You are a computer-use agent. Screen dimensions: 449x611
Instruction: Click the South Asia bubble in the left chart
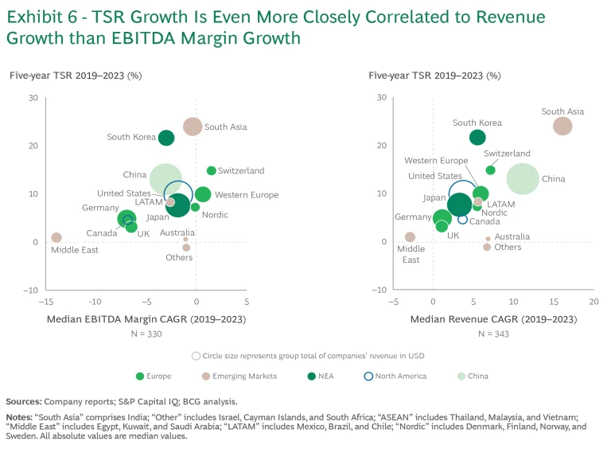point(193,127)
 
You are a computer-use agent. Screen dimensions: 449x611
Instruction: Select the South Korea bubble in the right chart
point(477,138)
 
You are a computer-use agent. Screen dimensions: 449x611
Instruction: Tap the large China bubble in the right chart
point(522,178)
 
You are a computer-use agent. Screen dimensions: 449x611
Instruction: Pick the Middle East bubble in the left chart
point(56,237)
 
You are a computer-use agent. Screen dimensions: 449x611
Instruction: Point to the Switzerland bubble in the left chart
point(212,170)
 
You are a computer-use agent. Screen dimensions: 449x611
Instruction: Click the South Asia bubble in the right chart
point(562,126)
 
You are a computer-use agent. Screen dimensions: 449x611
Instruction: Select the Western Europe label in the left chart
point(247,195)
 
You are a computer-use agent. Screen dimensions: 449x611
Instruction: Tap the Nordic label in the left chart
point(215,215)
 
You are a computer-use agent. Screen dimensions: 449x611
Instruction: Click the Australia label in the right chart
point(512,237)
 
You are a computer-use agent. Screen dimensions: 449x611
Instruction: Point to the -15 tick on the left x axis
point(45,302)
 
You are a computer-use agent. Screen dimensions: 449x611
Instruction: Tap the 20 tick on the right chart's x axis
point(593,302)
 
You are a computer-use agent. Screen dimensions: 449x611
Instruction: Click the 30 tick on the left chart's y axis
point(33,98)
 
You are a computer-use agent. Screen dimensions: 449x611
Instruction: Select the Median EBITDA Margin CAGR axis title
point(146,319)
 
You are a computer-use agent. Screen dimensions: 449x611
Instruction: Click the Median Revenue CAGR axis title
point(493,319)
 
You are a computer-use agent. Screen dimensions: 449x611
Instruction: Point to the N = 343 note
point(493,334)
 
